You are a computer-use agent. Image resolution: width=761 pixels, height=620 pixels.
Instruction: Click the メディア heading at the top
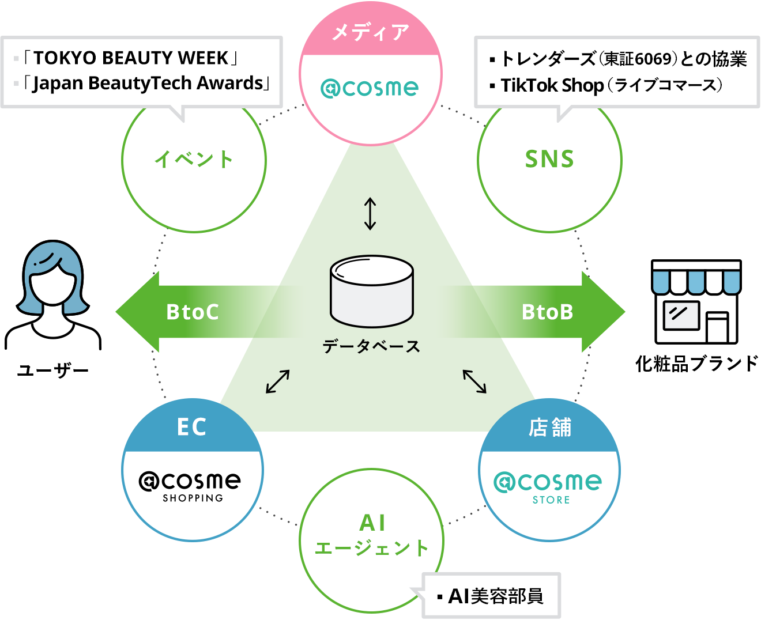coord(370,32)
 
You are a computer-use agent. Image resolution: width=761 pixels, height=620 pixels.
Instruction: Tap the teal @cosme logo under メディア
coord(370,88)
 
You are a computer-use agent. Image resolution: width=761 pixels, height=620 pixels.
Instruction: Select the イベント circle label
coord(194,159)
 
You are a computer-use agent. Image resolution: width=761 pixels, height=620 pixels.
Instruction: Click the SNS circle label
coord(549,159)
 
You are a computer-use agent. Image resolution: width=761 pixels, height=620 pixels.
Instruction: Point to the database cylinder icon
coord(372,291)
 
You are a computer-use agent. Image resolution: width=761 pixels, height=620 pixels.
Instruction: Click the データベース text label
coord(372,346)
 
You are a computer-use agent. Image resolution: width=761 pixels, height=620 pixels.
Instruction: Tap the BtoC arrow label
coord(193,312)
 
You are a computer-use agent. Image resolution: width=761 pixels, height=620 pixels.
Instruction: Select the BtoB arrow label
coord(547,312)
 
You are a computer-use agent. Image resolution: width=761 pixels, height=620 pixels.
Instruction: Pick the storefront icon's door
coord(717,327)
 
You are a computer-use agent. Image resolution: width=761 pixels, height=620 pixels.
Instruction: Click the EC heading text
coord(192,427)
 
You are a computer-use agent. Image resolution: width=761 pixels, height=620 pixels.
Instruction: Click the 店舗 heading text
coord(550,428)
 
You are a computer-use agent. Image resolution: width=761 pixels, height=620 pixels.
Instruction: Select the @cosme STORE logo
coord(548,487)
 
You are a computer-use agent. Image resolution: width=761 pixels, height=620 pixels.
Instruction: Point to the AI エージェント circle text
coord(372,536)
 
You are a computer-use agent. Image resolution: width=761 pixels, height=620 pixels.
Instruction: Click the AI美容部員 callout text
coord(495,596)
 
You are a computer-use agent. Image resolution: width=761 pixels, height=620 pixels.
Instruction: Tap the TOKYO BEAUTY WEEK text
coord(131,58)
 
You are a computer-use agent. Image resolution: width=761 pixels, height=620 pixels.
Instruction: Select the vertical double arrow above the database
coord(370,214)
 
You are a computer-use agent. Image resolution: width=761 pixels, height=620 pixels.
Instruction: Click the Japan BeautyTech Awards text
coord(148,84)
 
